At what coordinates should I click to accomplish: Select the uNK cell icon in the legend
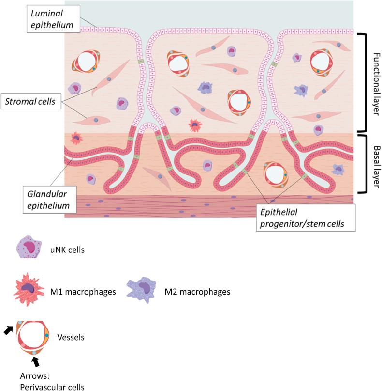pyautogui.click(x=28, y=252)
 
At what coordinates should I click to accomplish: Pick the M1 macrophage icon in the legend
pyautogui.click(x=29, y=292)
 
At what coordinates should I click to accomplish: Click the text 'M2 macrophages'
pyautogui.click(x=202, y=292)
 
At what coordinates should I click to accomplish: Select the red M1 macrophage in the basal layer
pyautogui.click(x=76, y=139)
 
